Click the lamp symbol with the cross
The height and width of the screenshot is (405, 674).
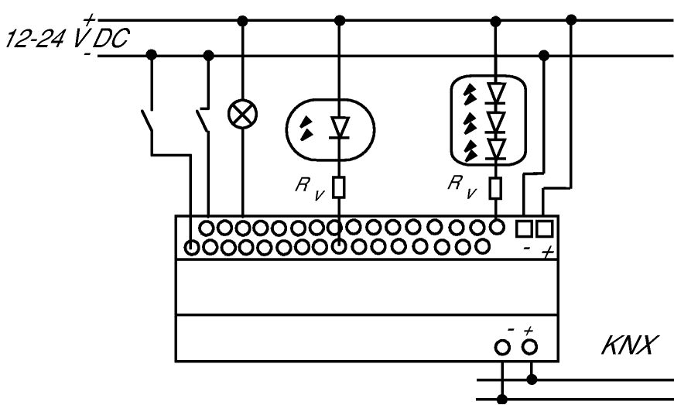pyautogui.click(x=242, y=115)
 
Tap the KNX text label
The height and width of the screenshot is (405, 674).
pyautogui.click(x=630, y=345)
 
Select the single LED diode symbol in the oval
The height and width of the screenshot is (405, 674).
pyautogui.click(x=339, y=128)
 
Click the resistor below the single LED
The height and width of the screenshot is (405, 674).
pyautogui.click(x=339, y=187)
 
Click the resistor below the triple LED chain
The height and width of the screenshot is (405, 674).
pyautogui.click(x=495, y=188)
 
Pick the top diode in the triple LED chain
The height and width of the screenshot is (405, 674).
pyautogui.click(x=496, y=93)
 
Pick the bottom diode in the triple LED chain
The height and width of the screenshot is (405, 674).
pyautogui.click(x=496, y=149)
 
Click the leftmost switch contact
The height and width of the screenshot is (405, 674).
pyautogui.click(x=148, y=120)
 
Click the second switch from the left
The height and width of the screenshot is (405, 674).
pyautogui.click(x=204, y=120)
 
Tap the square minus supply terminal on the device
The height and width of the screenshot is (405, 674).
pyautogui.click(x=524, y=228)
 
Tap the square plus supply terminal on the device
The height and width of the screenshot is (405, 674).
pyautogui.click(x=544, y=228)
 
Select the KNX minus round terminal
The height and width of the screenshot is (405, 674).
pyautogui.click(x=502, y=348)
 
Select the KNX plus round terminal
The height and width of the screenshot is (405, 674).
pyautogui.click(x=529, y=346)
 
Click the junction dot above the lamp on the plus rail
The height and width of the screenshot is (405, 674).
pyautogui.click(x=243, y=21)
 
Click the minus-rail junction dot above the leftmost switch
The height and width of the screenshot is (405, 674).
pyautogui.click(x=152, y=55)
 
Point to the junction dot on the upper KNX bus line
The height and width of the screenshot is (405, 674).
pyautogui.click(x=532, y=379)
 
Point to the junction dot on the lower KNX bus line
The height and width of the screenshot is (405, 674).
pyautogui.click(x=501, y=399)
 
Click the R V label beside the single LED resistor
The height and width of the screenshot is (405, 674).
pyautogui.click(x=310, y=189)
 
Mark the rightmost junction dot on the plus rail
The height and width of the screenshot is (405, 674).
pyautogui.click(x=571, y=19)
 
